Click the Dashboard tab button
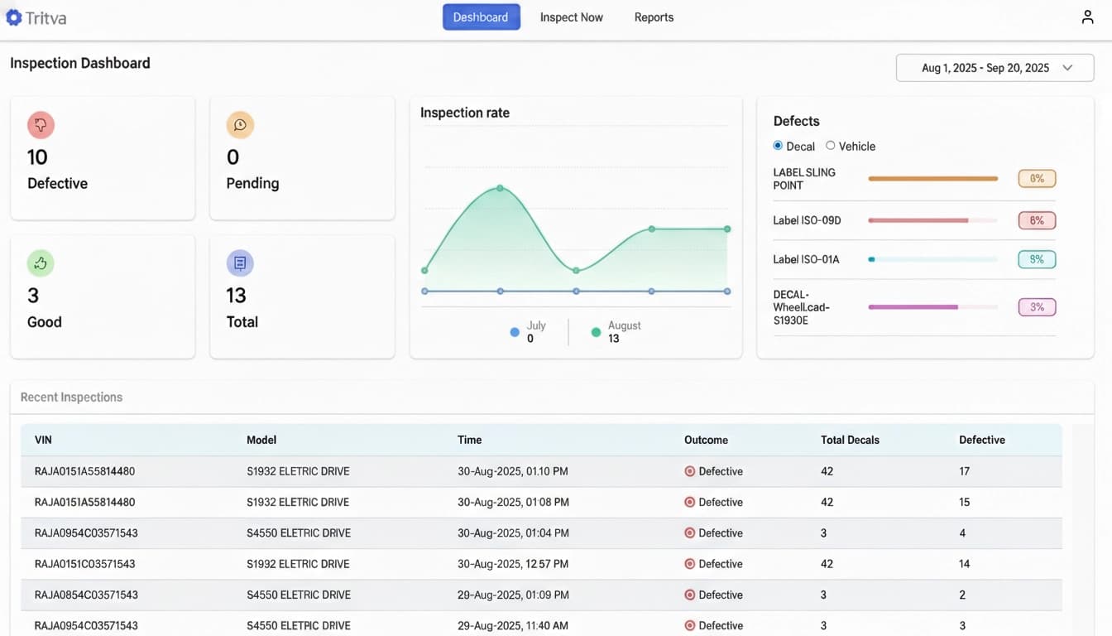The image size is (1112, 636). click(481, 17)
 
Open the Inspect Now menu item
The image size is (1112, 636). click(571, 17)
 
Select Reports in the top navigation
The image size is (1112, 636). click(654, 17)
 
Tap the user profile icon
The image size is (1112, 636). click(1087, 17)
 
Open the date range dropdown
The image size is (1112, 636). click(995, 68)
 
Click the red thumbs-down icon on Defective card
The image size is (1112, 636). click(41, 125)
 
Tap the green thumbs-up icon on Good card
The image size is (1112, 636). click(41, 263)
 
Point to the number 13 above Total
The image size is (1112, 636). click(236, 296)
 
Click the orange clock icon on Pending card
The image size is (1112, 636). click(240, 125)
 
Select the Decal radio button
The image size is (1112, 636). click(778, 146)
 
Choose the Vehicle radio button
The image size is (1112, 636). click(830, 146)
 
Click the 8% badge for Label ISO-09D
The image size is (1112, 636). click(1037, 220)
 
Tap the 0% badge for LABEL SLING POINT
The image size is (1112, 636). click(1037, 178)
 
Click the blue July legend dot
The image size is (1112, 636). click(515, 332)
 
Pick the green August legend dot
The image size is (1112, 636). click(596, 332)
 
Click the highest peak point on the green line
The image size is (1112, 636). click(500, 188)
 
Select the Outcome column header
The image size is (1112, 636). click(706, 440)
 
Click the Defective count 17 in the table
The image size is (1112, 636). click(964, 471)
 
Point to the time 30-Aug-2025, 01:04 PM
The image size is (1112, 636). click(513, 533)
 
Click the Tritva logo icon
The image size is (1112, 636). click(14, 17)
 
